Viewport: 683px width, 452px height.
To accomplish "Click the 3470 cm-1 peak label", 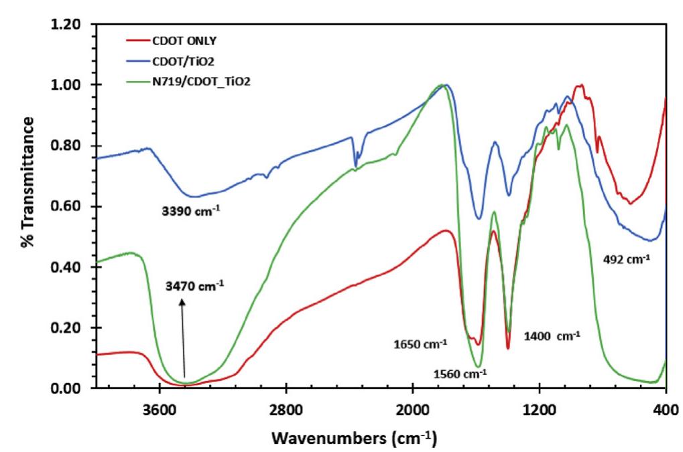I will click(x=194, y=285).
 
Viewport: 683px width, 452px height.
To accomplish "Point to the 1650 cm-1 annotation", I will click(x=421, y=345).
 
